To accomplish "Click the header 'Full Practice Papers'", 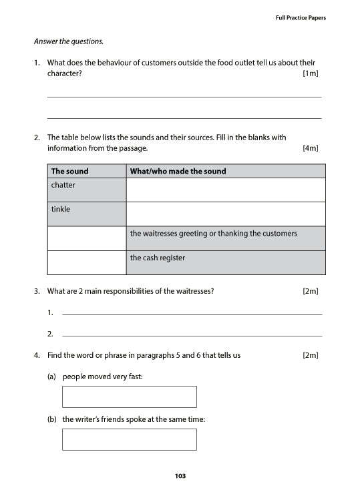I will click(x=301, y=18).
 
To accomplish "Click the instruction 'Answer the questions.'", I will click(x=69, y=41).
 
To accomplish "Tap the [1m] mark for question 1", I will click(x=310, y=73).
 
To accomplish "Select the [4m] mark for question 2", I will click(x=310, y=148).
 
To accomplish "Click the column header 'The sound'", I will click(x=69, y=172).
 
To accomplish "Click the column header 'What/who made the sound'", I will click(x=178, y=172).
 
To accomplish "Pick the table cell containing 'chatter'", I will click(x=86, y=190).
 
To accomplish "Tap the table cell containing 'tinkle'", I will click(x=86, y=214).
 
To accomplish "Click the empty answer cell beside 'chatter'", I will click(x=225, y=190).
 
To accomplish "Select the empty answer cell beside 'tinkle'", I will click(x=225, y=214).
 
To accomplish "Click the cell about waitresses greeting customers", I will click(x=225, y=238).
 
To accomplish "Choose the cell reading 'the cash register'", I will click(x=225, y=262).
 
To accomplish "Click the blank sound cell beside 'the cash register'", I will click(x=86, y=262).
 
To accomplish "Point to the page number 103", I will click(x=180, y=476).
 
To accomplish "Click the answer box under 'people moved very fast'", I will click(x=129, y=397).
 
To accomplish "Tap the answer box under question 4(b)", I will click(x=129, y=439).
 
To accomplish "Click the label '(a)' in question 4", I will click(x=51, y=377).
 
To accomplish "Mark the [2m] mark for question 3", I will click(x=310, y=291).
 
